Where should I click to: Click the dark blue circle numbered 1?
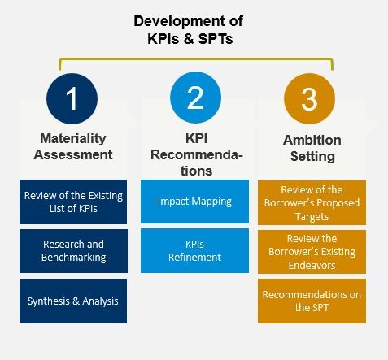tap(72, 98)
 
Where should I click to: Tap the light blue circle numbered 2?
tap(195, 98)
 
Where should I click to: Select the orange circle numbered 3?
tap(309, 98)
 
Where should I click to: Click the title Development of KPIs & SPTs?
tap(189, 29)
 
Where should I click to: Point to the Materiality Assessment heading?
tap(73, 146)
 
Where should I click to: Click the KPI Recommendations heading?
tap(196, 154)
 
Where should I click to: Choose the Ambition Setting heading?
tap(312, 148)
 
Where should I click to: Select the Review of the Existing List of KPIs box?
tap(73, 202)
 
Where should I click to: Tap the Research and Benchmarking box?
tap(73, 251)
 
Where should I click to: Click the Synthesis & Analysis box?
tap(73, 301)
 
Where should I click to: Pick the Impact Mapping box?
tap(194, 202)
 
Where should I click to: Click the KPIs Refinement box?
tap(194, 250)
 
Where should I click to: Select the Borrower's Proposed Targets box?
tap(312, 202)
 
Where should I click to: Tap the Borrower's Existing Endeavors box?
tap(312, 252)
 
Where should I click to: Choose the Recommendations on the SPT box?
tap(312, 301)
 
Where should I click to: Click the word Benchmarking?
tap(73, 258)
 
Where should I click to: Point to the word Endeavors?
tap(312, 266)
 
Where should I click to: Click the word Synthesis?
tap(48, 301)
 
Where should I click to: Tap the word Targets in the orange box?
tap(312, 217)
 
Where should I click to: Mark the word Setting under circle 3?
tap(312, 157)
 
